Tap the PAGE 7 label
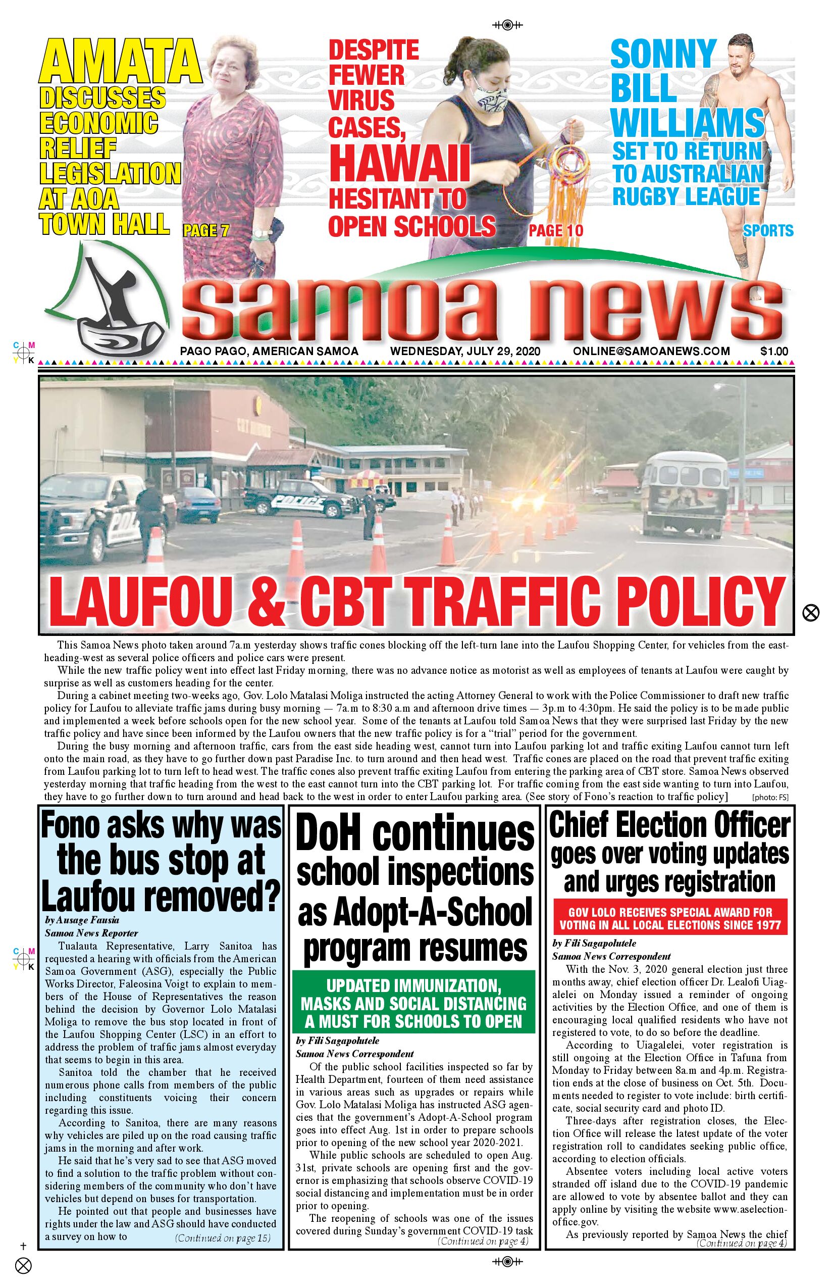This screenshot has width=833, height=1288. (206, 231)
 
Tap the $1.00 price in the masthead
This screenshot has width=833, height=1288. (774, 351)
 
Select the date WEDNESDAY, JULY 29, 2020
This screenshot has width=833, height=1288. (465, 351)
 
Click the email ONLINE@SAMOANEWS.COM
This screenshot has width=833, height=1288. (651, 351)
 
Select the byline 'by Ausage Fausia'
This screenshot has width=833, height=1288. (82, 920)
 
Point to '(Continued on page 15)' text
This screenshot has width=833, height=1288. (222, 1238)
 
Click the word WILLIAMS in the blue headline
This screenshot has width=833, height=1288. (688, 123)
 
